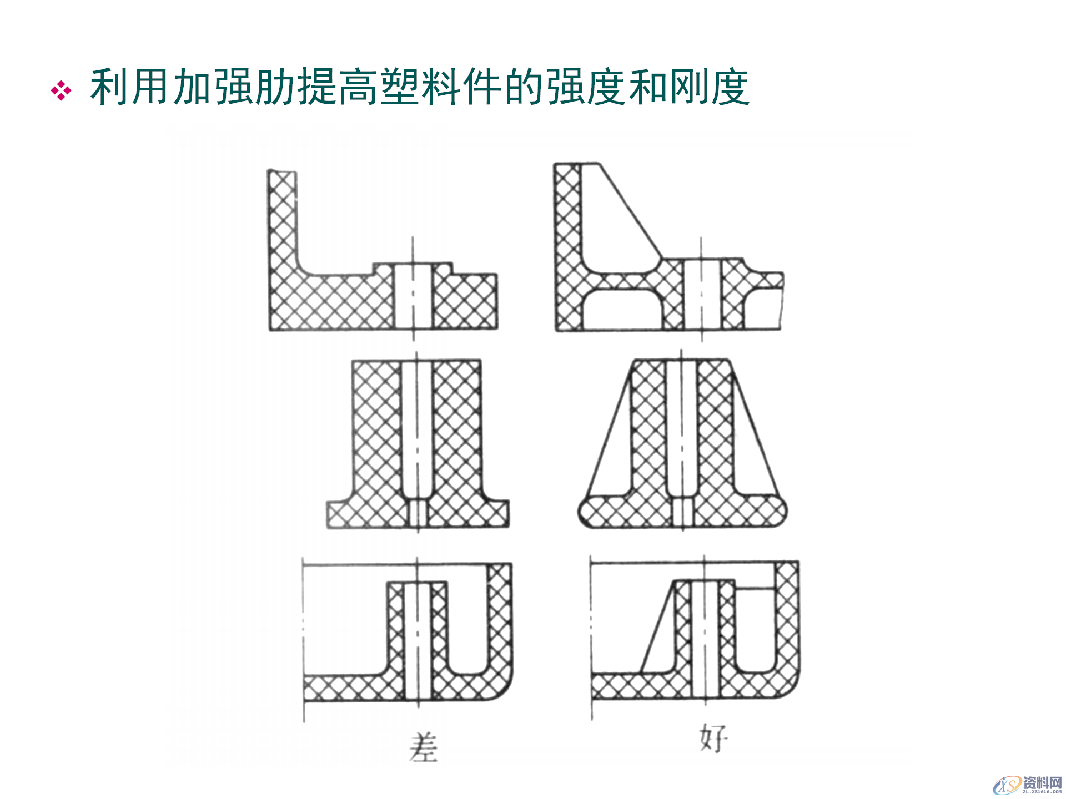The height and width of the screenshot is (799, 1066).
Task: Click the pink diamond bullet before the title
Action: click(61, 90)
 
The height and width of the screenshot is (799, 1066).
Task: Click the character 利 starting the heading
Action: click(109, 87)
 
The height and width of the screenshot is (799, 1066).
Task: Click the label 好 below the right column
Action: click(713, 738)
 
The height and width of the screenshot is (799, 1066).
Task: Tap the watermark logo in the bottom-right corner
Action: click(1027, 785)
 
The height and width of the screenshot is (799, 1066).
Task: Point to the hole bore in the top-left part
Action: click(413, 297)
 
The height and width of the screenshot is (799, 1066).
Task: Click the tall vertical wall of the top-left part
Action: click(282, 222)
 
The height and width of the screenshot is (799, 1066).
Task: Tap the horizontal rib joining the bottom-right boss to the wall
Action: click(755, 585)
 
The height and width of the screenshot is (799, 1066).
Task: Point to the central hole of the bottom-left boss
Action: click(418, 638)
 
